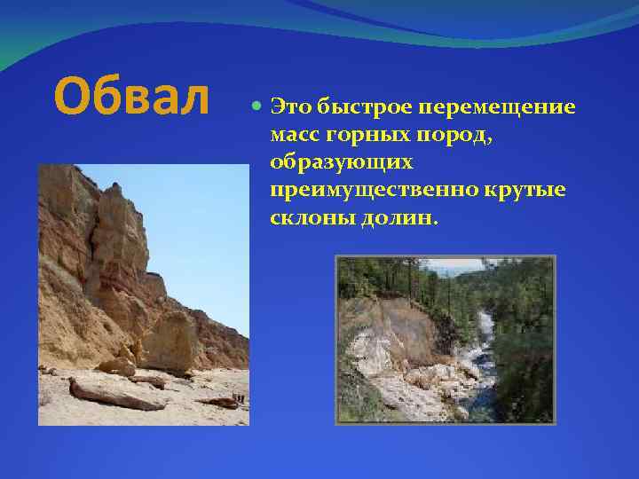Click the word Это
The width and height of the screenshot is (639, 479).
coord(290,107)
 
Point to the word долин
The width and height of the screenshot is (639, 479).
coord(398,219)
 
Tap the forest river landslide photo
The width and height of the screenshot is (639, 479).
coord(445,339)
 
